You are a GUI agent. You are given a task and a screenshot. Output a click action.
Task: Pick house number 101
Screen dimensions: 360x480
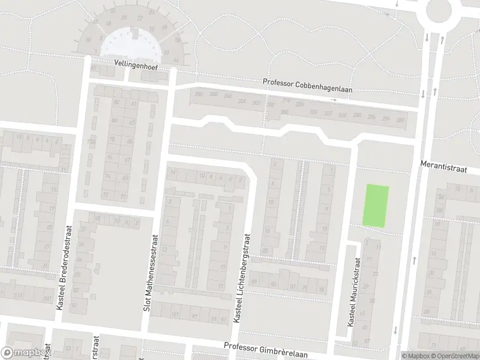pos(175,314)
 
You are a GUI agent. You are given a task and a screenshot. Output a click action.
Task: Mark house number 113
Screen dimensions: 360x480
pos(18,296)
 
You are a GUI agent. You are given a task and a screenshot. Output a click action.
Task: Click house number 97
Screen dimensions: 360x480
pos(194,316)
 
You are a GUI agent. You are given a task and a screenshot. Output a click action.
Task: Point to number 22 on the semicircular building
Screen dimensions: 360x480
pos(140,18)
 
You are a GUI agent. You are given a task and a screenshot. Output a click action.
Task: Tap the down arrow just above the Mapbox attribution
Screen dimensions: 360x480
pos(396,330)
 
